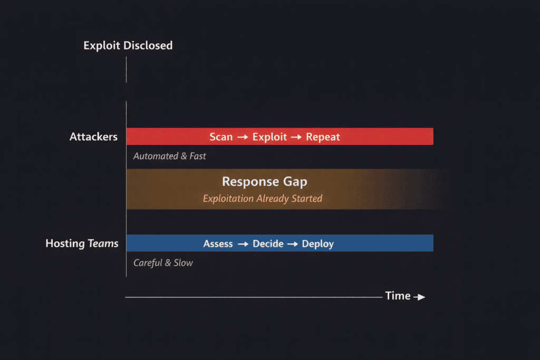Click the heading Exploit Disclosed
(x=128, y=45)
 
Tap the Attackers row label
(x=93, y=137)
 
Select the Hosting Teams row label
(x=82, y=244)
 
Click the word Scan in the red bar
(x=221, y=137)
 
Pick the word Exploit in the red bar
(x=269, y=137)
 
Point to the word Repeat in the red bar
(x=323, y=137)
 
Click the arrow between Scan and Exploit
(x=243, y=137)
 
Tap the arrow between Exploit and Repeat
(x=296, y=137)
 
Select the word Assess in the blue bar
(x=218, y=244)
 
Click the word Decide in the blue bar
(x=268, y=244)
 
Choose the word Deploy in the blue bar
(x=317, y=244)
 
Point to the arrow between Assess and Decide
(x=243, y=244)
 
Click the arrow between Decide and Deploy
(x=293, y=244)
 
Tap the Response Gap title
(x=264, y=182)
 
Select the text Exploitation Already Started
(x=262, y=199)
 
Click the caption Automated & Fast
(x=169, y=156)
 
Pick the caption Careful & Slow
(x=163, y=262)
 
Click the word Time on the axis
(x=398, y=296)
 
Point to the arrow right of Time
(x=419, y=297)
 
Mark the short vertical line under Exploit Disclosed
(x=126, y=69)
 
